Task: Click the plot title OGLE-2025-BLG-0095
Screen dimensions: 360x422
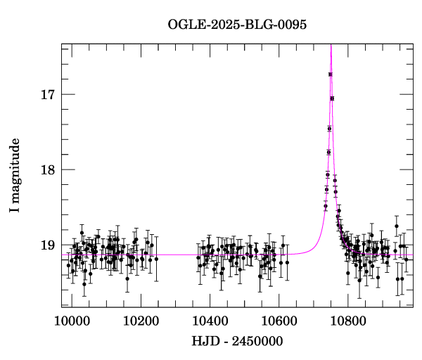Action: point(237,24)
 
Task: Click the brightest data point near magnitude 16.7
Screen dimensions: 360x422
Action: point(331,74)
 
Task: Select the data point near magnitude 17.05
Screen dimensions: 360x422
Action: point(332,98)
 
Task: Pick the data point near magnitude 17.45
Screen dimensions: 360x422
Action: point(329,129)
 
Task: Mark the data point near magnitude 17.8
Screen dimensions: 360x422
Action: point(328,152)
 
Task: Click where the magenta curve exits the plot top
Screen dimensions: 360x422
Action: point(331,44)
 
